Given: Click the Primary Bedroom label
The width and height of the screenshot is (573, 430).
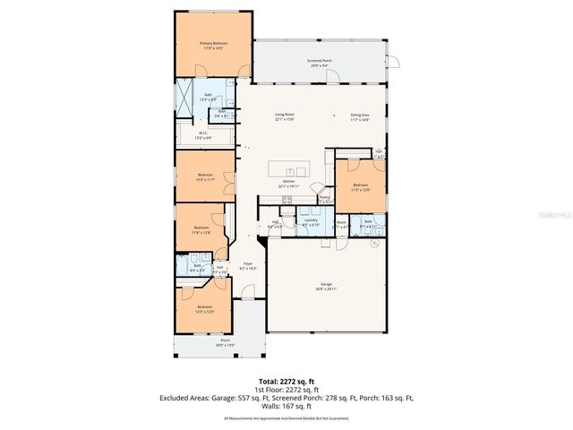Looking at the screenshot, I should click(x=212, y=46).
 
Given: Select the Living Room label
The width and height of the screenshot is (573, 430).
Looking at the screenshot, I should click(x=285, y=116).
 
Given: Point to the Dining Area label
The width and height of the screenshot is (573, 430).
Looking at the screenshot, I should click(x=361, y=116).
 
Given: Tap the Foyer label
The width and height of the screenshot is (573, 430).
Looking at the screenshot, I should click(x=248, y=266).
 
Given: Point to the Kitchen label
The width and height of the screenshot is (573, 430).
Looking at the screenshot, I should click(x=288, y=183).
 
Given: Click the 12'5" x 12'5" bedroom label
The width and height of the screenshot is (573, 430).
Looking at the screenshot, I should click(x=205, y=309).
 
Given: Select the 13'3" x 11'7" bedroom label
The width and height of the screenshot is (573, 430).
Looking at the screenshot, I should click(x=205, y=177).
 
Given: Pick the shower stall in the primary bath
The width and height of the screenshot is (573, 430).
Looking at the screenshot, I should click(x=184, y=99).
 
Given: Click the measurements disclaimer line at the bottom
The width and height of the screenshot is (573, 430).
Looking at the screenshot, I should click(x=286, y=417).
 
